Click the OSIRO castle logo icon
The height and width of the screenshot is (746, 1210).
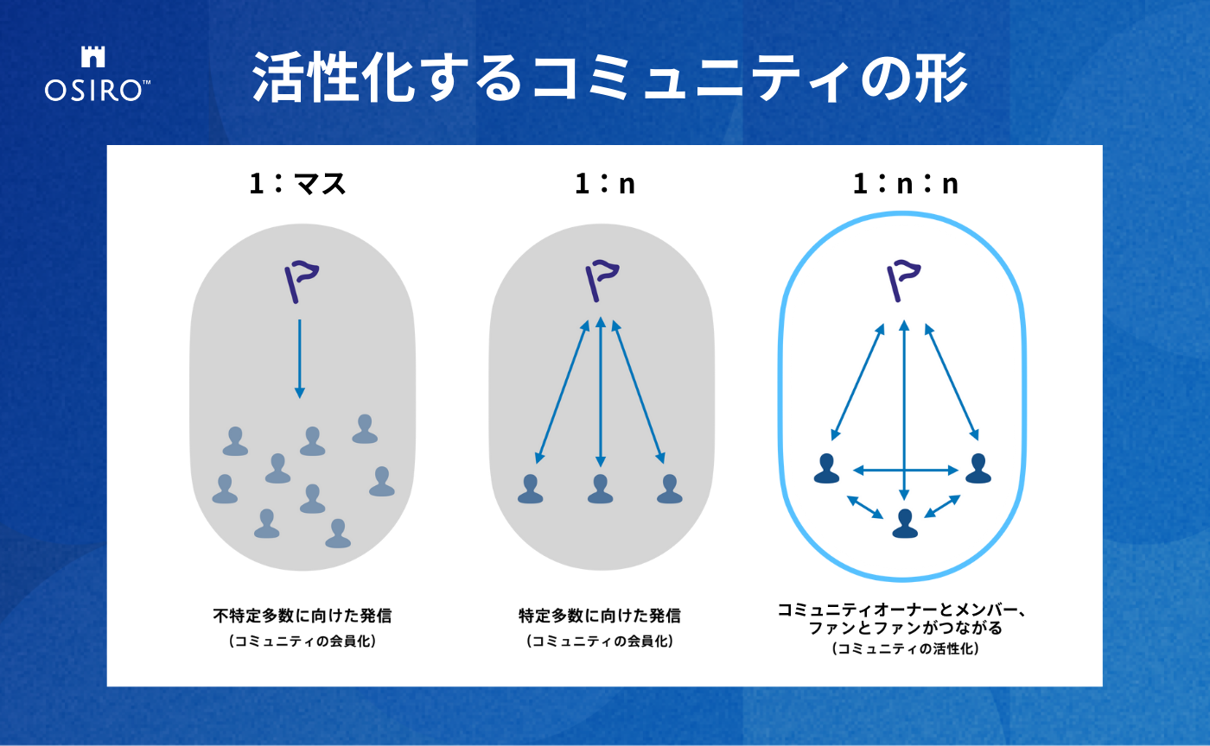(x=93, y=57)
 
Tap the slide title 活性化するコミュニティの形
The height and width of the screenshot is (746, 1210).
(x=609, y=78)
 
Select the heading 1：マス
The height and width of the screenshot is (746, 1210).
(x=297, y=184)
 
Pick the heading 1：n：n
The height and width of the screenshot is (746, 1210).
(x=906, y=184)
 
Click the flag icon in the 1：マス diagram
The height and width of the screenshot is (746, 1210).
(x=302, y=281)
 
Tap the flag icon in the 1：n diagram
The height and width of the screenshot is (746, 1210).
(x=602, y=281)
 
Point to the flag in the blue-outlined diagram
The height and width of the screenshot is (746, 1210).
(x=903, y=281)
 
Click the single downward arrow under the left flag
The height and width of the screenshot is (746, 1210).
(x=300, y=359)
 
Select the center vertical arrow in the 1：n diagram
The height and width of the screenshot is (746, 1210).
(x=600, y=392)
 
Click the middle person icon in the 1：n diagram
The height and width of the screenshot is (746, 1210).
(x=600, y=489)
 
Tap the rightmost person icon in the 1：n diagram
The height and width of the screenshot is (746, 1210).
(x=669, y=489)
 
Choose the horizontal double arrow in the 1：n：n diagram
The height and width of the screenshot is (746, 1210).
(x=906, y=471)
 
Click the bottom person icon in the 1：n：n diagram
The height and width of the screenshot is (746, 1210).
(x=905, y=523)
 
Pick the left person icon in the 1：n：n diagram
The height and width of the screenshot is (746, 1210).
(x=826, y=468)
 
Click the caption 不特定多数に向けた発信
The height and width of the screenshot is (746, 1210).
(x=302, y=616)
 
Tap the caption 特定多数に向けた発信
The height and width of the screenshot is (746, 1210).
(x=600, y=616)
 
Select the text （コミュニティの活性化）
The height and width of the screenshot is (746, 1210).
(x=906, y=648)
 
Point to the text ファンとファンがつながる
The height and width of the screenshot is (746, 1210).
(x=906, y=628)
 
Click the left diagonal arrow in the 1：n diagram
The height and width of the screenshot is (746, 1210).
(x=562, y=392)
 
